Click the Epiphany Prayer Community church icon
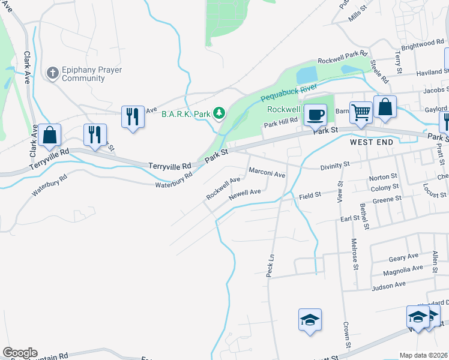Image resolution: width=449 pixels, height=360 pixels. (52, 73)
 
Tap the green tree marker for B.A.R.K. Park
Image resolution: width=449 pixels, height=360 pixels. (220, 112)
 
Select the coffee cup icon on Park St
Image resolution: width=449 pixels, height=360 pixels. (315, 114)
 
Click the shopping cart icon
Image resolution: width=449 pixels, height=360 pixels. (361, 111)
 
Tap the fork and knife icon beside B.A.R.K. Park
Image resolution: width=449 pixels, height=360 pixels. (133, 116)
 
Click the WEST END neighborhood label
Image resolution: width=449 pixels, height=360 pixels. (372, 142)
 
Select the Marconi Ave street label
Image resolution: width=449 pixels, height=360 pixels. (267, 174)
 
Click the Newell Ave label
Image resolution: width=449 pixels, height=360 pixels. (244, 193)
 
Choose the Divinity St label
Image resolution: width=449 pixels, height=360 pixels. (334, 164)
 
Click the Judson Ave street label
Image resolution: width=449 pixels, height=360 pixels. (389, 284)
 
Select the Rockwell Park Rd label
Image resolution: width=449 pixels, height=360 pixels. (342, 58)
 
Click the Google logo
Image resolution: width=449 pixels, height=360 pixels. (19, 353)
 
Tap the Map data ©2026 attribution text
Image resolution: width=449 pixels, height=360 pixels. (423, 355)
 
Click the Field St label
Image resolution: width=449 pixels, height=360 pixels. (310, 195)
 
